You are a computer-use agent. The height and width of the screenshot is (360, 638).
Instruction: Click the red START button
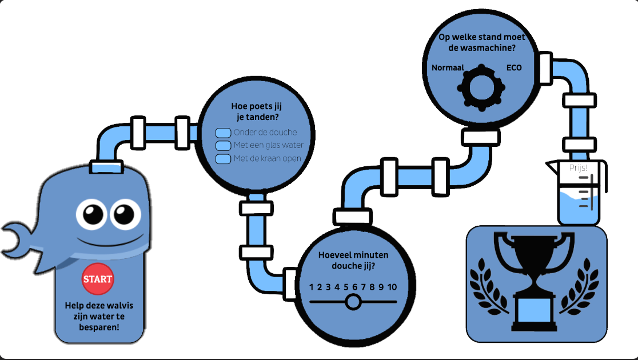point(98,279)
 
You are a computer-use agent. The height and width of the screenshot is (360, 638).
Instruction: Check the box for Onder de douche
point(222,133)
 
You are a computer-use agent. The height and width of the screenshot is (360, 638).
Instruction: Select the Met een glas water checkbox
point(222,145)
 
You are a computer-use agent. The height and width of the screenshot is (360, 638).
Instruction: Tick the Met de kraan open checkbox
point(222,158)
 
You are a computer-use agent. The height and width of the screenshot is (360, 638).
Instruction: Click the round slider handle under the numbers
point(353,301)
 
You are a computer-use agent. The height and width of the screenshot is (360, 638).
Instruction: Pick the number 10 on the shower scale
point(392,287)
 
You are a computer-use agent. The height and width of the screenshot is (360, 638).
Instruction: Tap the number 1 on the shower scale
point(312,287)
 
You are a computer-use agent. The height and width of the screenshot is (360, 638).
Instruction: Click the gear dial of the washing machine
point(481,87)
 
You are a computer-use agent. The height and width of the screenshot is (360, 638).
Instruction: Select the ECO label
point(514,68)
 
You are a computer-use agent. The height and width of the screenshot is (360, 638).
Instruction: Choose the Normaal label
point(447,68)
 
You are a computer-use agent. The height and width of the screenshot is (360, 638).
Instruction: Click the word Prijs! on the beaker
point(579,167)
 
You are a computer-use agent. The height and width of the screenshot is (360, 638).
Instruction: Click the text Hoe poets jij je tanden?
point(257,111)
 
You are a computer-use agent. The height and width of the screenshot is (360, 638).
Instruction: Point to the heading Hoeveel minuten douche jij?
point(353,260)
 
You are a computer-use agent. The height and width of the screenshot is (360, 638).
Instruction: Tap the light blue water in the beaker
point(579,209)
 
